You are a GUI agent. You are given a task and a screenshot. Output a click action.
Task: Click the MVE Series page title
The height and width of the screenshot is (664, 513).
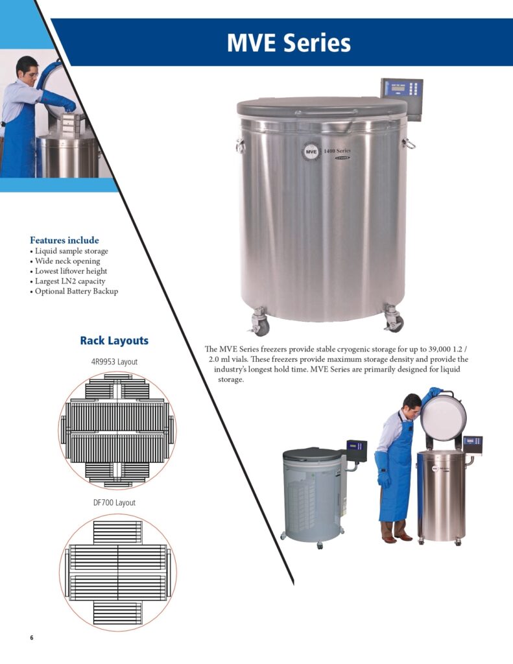(289, 43)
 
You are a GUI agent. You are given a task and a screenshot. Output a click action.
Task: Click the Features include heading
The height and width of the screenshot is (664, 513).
(64, 240)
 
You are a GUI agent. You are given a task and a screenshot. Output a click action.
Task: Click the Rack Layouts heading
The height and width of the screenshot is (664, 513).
(114, 340)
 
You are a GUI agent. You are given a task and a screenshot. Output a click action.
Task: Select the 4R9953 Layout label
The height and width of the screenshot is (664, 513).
(114, 362)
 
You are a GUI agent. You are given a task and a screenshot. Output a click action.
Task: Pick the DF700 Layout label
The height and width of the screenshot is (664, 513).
(114, 503)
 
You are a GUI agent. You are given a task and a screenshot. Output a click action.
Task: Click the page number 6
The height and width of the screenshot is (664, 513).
(31, 638)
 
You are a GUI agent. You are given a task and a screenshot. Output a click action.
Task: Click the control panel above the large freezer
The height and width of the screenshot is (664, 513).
(401, 99)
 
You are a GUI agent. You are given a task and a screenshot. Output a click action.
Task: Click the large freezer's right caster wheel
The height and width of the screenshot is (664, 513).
(394, 318)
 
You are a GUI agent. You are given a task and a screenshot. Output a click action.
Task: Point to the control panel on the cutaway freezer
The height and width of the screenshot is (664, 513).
(357, 450)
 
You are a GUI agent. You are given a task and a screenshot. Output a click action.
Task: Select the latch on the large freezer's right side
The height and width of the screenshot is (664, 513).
(409, 143)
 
